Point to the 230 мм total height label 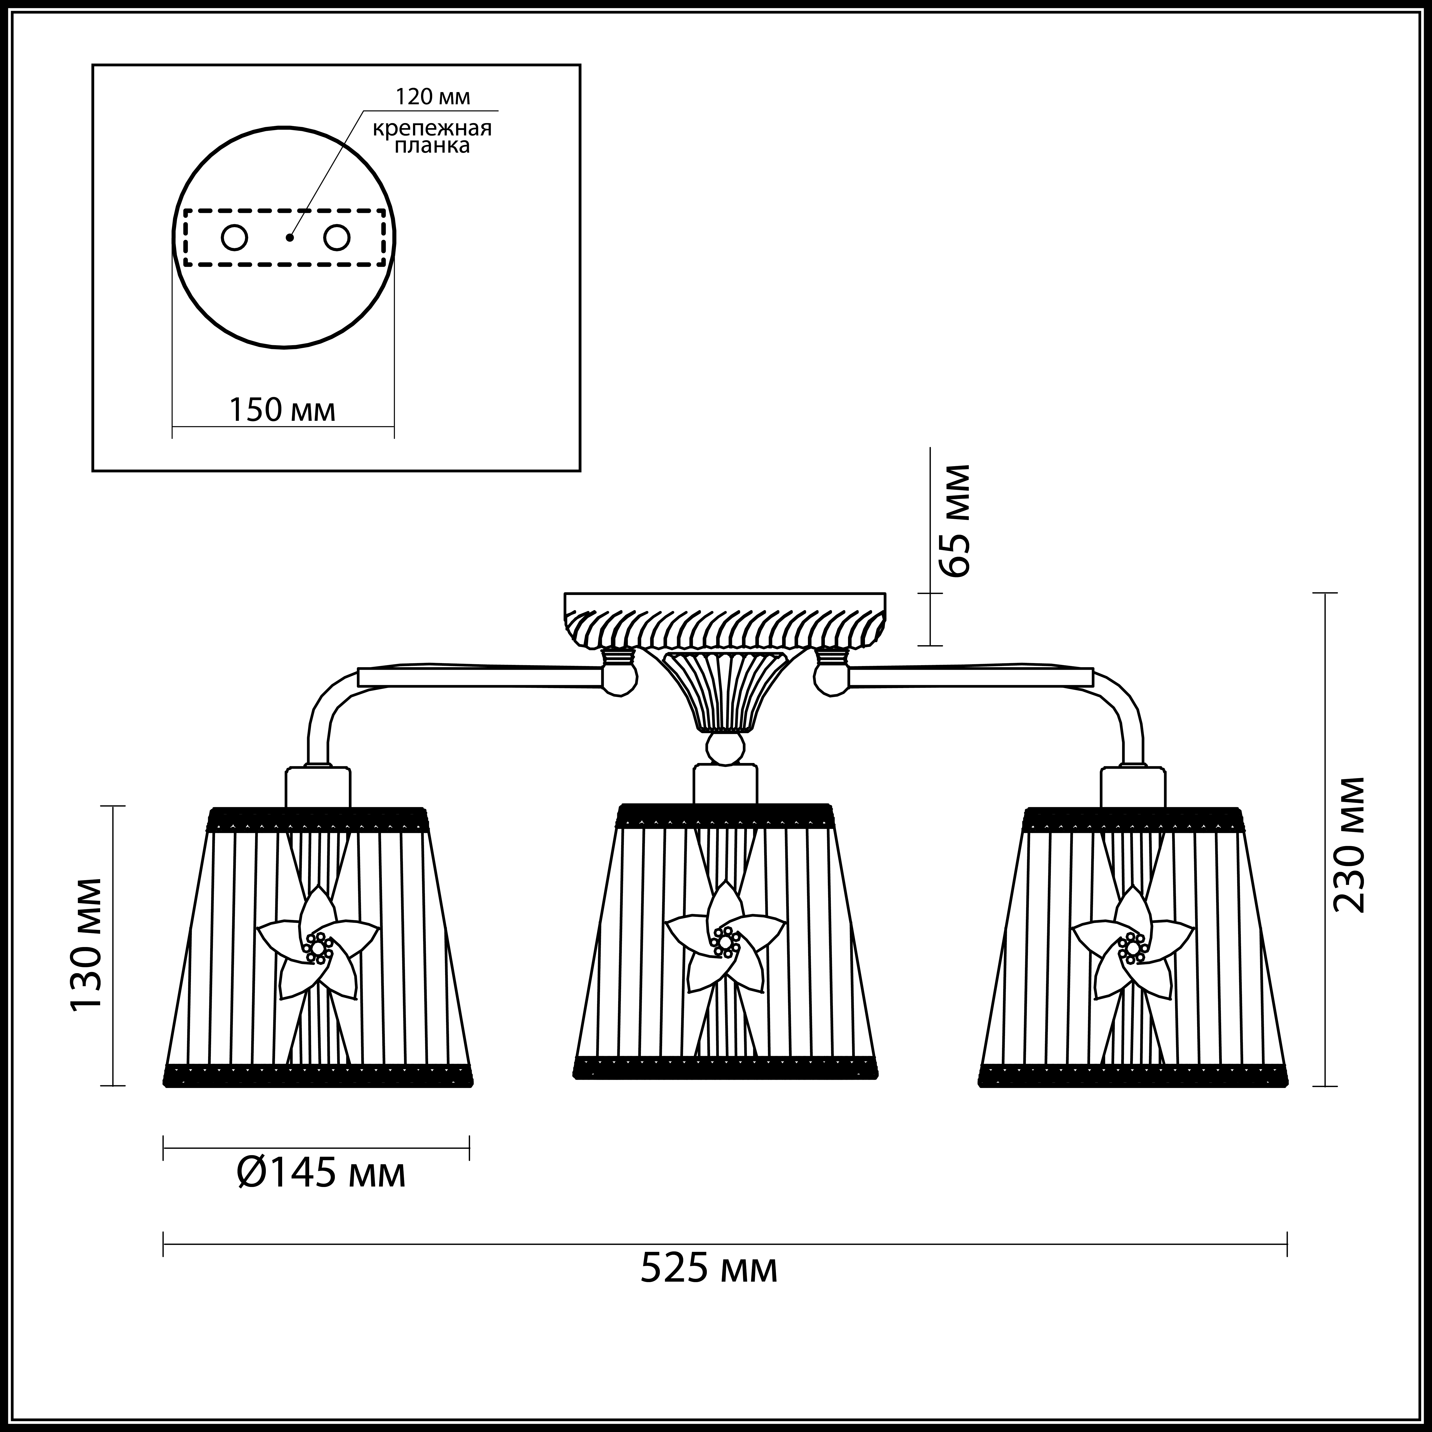tap(1347, 845)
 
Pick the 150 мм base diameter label tap(282, 410)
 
